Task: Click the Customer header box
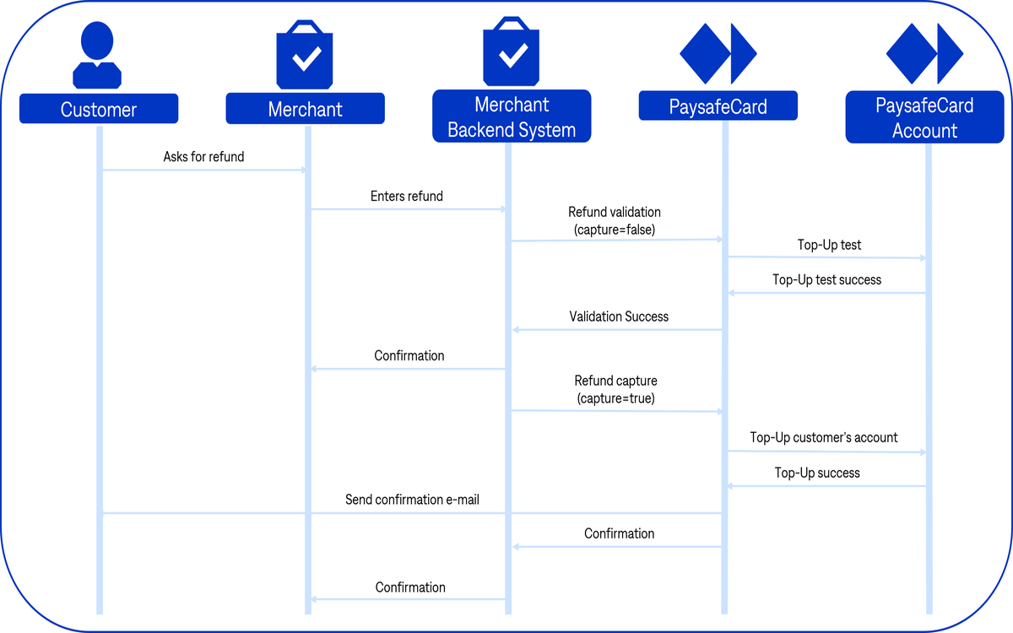99,109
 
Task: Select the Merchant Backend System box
512,116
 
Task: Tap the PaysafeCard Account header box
924,117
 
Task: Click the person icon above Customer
97,55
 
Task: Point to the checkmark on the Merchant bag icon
306,58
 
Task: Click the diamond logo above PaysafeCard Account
924,53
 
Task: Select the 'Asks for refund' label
203,157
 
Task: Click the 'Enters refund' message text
407,196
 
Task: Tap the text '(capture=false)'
615,230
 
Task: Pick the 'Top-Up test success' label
826,280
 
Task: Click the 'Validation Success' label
619,316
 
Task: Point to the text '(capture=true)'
616,398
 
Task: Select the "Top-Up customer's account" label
824,438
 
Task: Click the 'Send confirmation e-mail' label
412,500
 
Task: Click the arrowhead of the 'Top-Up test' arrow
923,258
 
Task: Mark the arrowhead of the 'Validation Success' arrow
516,330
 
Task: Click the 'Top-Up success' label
817,473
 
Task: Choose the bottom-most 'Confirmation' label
410,587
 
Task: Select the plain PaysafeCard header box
718,105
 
